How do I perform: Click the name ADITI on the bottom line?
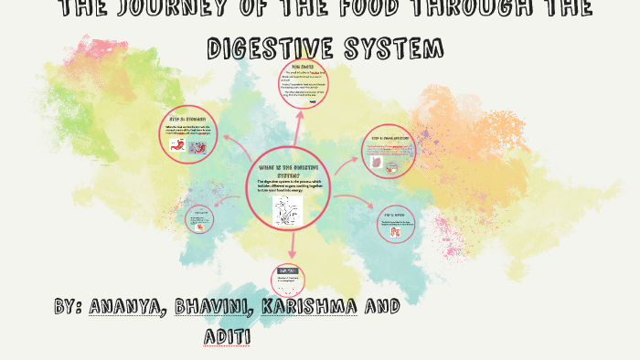[x=229, y=336]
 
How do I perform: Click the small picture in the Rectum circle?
[x=397, y=232]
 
